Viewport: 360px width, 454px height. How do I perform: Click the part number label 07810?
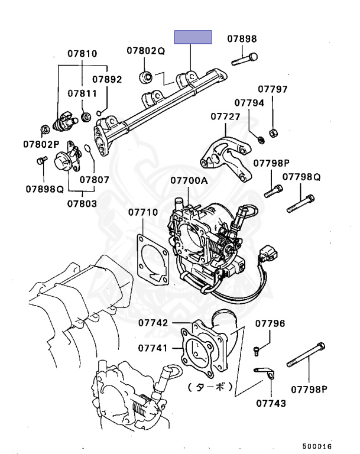click(82, 54)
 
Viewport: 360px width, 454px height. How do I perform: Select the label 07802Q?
click(145, 51)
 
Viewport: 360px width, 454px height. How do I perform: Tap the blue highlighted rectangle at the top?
click(193, 37)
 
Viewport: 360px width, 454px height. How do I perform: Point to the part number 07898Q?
click(44, 189)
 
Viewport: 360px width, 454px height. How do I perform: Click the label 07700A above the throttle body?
click(189, 180)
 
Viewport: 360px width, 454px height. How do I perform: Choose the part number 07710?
click(143, 212)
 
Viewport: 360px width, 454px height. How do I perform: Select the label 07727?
click(225, 116)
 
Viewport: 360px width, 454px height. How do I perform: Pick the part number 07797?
click(273, 90)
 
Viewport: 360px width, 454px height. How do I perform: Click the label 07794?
click(249, 103)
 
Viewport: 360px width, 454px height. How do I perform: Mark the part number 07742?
click(154, 323)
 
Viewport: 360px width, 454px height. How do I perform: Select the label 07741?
click(154, 348)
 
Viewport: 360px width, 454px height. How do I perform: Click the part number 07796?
click(270, 323)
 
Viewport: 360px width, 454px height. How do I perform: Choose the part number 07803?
click(82, 203)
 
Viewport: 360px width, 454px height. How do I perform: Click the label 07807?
click(95, 179)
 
